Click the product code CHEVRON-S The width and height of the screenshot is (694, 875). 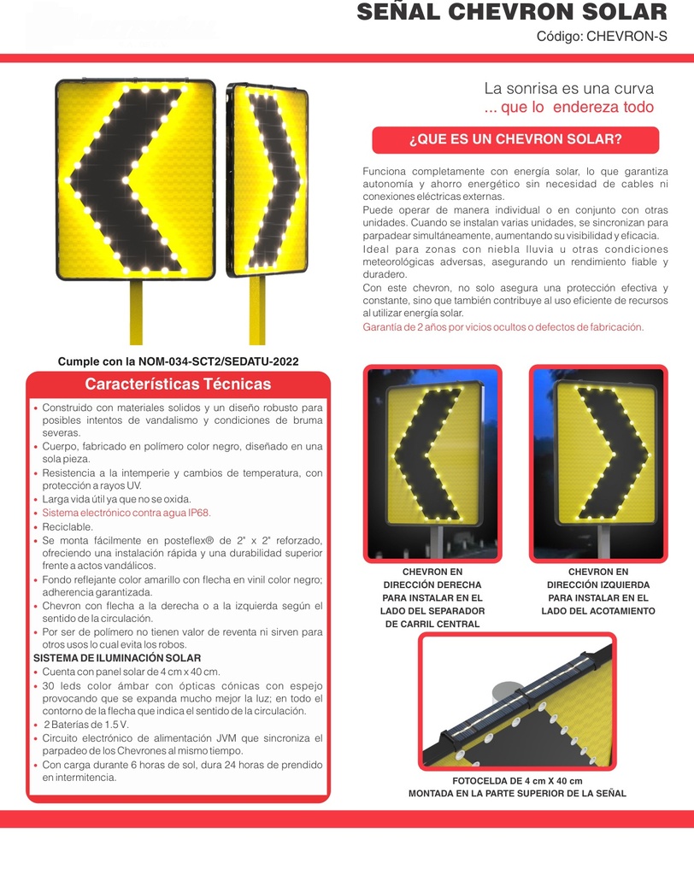coord(626,36)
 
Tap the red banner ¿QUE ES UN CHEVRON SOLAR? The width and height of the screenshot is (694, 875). coord(515,139)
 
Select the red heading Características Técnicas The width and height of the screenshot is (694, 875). coord(178,384)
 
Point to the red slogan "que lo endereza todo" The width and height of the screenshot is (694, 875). coord(577,107)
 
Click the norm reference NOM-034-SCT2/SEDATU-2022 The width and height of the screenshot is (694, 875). coord(218,361)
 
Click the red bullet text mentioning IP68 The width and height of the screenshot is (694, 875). coord(126,513)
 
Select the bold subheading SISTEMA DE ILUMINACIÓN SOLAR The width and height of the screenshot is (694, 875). coord(117,658)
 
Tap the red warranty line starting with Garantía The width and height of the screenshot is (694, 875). coord(503,327)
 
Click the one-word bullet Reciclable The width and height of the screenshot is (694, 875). coord(68,526)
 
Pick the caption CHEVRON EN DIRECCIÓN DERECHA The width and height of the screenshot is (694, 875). coord(432,578)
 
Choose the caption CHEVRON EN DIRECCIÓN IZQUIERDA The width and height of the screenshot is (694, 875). coord(598,578)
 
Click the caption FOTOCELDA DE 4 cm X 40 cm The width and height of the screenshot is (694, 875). coord(517,781)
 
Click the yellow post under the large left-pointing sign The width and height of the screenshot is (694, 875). coord(136,312)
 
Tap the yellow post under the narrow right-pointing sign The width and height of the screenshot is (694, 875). coord(256,310)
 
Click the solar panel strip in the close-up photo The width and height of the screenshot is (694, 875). coord(525,697)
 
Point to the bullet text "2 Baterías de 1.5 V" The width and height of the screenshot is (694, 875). coord(86,725)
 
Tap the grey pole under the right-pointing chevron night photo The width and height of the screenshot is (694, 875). coord(603,541)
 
